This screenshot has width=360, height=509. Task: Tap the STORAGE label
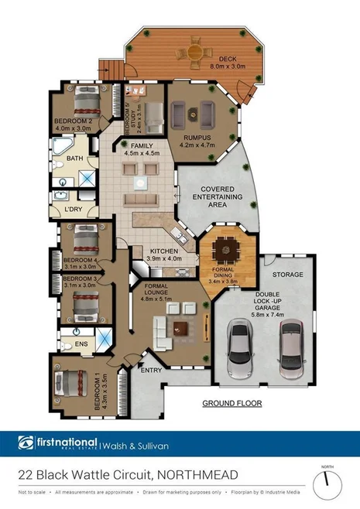point(288,275)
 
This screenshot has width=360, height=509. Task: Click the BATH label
point(74,159)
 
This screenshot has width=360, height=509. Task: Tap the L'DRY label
point(74,210)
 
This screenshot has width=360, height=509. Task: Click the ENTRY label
point(150,371)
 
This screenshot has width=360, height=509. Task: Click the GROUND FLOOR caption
point(231,403)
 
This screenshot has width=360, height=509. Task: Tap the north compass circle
point(327,485)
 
